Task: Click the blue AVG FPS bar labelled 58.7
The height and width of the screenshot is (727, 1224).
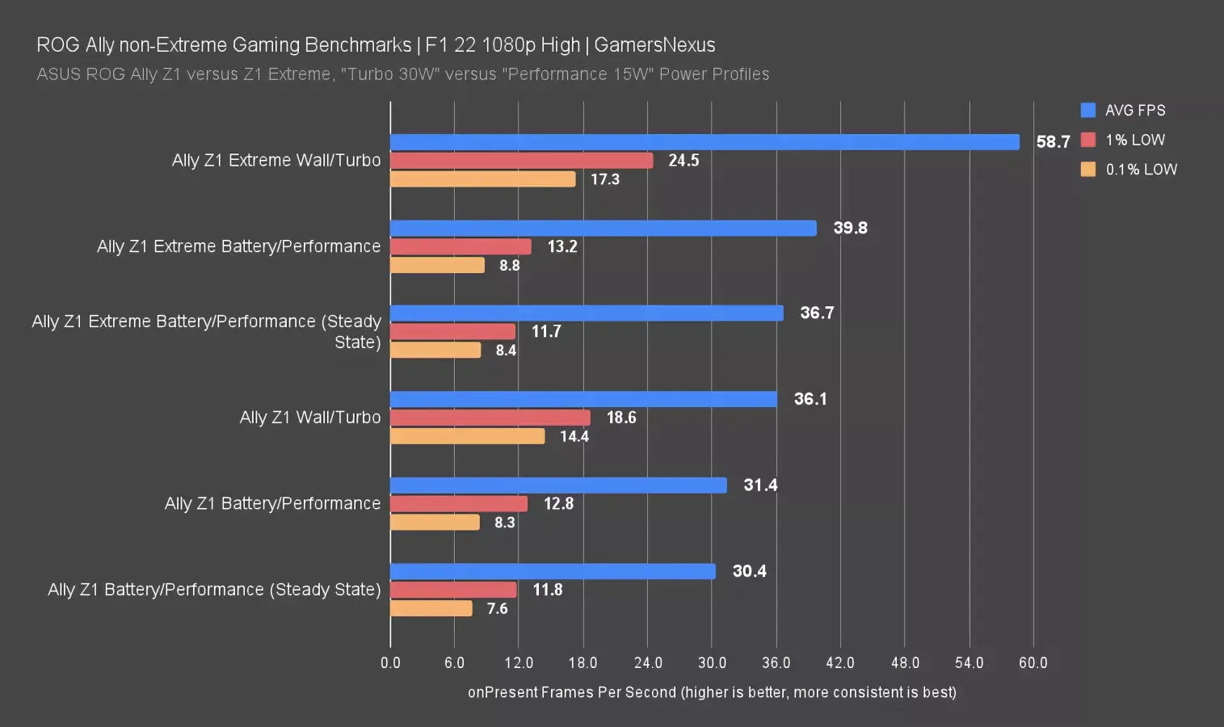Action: click(705, 142)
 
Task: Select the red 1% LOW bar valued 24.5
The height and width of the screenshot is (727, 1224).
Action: click(521, 161)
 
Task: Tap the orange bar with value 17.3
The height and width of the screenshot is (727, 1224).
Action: click(482, 179)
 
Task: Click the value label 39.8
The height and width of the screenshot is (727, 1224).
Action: click(850, 228)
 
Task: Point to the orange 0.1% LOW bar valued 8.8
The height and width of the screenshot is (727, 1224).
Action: click(437, 265)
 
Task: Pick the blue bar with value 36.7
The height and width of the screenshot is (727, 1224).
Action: click(587, 313)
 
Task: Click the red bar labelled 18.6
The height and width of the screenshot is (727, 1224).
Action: click(490, 418)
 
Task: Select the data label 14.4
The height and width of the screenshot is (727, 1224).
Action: click(574, 437)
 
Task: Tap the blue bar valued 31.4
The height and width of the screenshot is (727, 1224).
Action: click(558, 485)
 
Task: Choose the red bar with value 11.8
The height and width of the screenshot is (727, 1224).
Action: click(453, 590)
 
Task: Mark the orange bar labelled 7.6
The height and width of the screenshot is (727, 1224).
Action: click(431, 608)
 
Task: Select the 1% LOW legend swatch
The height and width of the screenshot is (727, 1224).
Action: click(1088, 140)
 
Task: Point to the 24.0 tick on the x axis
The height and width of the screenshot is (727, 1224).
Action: click(648, 663)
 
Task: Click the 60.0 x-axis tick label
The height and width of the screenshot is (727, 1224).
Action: click(1033, 663)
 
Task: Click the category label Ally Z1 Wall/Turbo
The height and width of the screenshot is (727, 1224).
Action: click(309, 418)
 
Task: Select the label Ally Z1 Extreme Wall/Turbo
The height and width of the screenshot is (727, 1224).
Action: click(276, 161)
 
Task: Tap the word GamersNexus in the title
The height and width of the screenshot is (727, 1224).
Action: click(654, 45)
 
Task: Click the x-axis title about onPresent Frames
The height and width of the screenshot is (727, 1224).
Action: click(712, 692)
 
